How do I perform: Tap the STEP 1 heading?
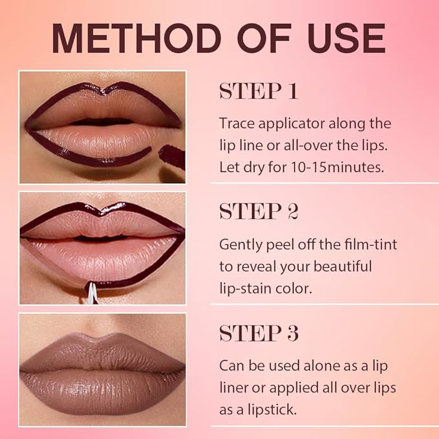tap(259, 91)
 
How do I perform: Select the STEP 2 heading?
tap(259, 211)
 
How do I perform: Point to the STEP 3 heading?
tap(259, 333)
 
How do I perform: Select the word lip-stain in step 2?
tap(242, 288)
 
